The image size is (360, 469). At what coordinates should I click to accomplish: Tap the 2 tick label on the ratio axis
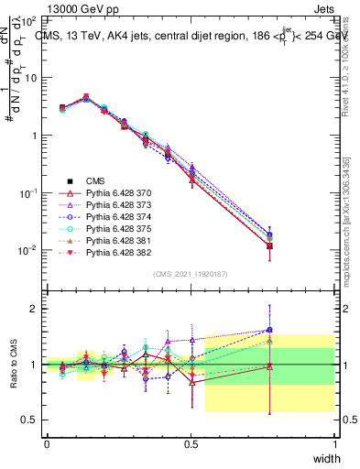click(x=35, y=309)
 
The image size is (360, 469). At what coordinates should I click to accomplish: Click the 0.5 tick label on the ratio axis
click(x=30, y=420)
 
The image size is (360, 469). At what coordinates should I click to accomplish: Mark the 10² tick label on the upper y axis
click(x=28, y=18)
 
